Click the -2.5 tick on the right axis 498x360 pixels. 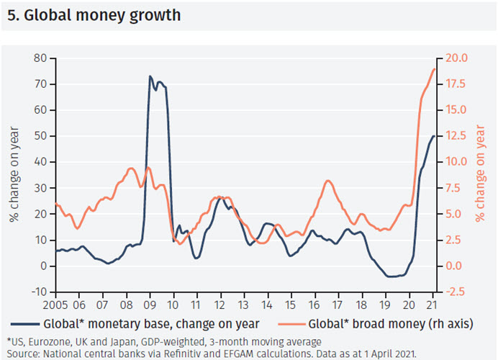[x=459, y=292]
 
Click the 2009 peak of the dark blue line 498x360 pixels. [x=150, y=76]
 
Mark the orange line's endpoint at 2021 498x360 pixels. [x=435, y=69]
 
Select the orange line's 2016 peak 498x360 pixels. [x=328, y=181]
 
